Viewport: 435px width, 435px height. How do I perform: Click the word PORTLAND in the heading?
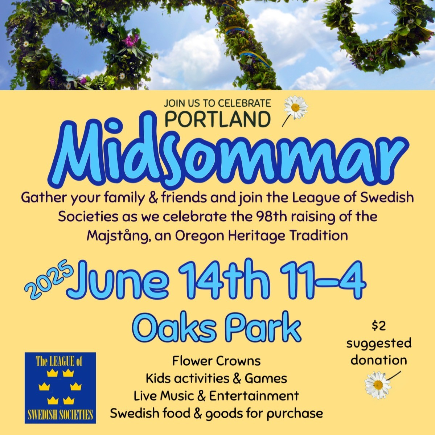click(218, 119)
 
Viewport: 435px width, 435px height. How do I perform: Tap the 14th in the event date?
click(224, 279)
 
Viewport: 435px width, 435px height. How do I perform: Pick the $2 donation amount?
click(379, 325)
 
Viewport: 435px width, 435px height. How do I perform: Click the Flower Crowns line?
click(216, 361)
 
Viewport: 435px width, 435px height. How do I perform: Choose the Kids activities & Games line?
click(216, 378)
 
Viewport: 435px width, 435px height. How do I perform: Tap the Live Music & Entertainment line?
click(216, 395)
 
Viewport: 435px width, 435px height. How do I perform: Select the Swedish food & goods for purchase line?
click(216, 413)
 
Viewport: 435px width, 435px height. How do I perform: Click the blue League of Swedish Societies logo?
click(60, 388)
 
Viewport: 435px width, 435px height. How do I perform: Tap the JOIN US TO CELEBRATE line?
click(217, 103)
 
